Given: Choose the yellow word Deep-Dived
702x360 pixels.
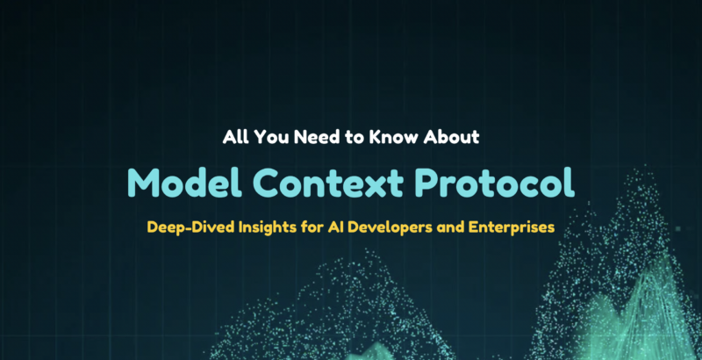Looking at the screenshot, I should (x=184, y=227).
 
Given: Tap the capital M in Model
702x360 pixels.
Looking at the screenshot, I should (x=143, y=182).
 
